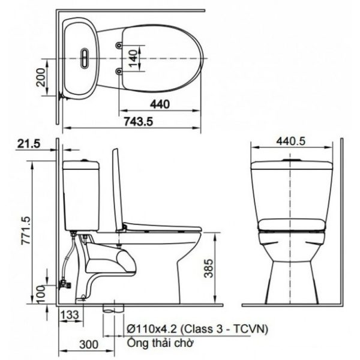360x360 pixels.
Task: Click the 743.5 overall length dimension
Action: (x=138, y=121)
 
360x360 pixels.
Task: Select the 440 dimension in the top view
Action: (x=160, y=104)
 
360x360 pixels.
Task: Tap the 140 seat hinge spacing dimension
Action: (x=133, y=59)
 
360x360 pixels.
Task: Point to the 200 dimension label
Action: (x=41, y=77)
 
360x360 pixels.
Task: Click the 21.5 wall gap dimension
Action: (x=29, y=144)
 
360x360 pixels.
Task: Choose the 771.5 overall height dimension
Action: (x=26, y=230)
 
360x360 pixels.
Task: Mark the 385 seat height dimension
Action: (x=208, y=268)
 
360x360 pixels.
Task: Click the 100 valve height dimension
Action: (x=41, y=294)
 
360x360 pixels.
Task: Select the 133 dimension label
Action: (x=70, y=314)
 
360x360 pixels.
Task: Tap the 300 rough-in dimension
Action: (x=89, y=344)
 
